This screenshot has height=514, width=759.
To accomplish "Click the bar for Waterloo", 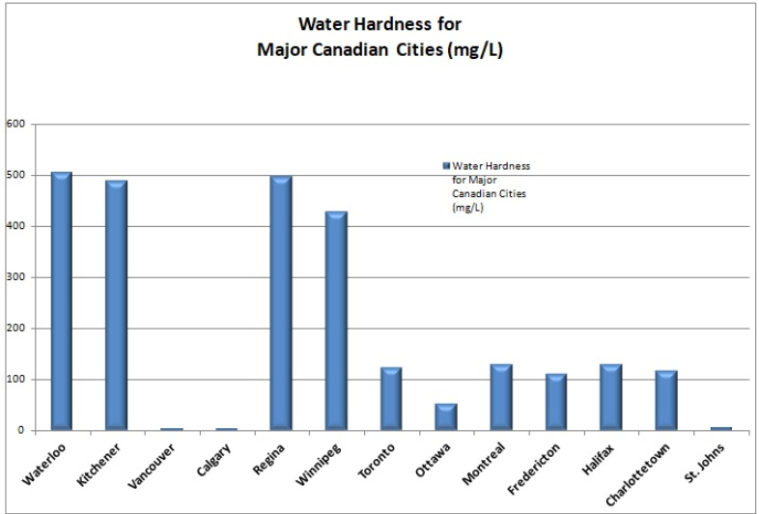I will pyautogui.click(x=61, y=300).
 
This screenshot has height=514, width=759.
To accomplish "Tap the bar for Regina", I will pyautogui.click(x=281, y=302).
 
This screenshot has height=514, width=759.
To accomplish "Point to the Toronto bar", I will pyautogui.click(x=390, y=398).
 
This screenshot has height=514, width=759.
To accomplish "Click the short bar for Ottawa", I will pyautogui.click(x=445, y=416).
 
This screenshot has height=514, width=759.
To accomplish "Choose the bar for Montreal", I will pyautogui.click(x=500, y=396).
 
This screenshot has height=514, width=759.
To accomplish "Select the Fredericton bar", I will pyautogui.click(x=555, y=401).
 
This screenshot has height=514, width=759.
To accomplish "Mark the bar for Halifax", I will pyautogui.click(x=610, y=396).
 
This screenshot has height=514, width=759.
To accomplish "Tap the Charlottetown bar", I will pyautogui.click(x=665, y=399).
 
